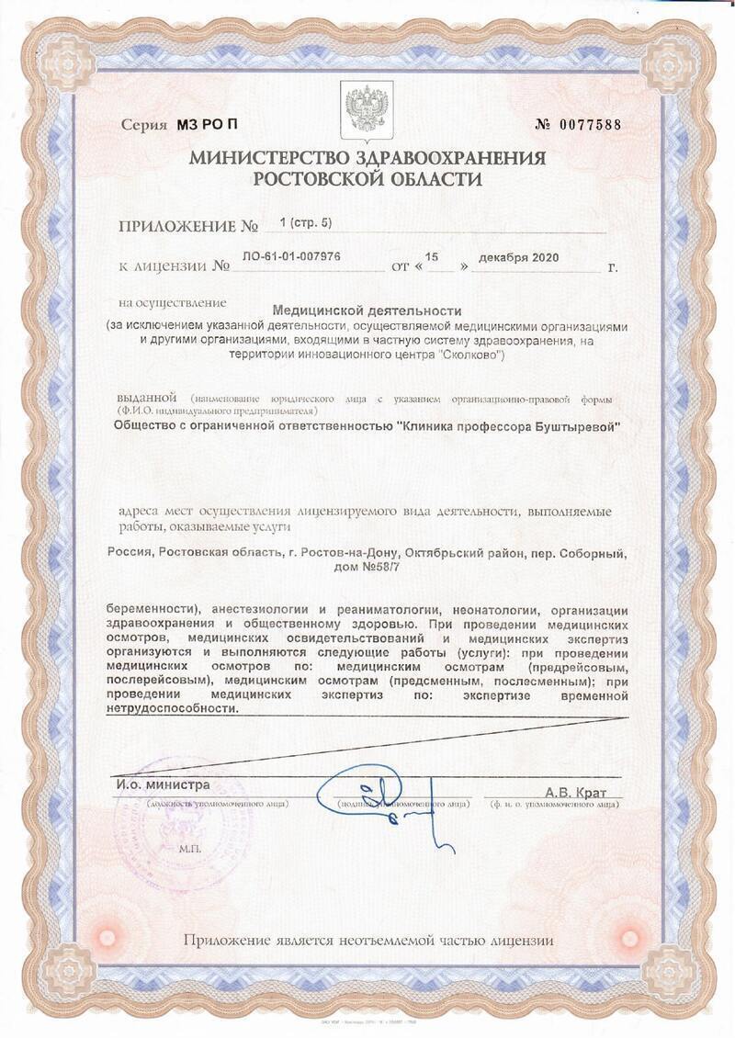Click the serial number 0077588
tap(593, 125)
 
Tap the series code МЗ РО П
tap(211, 125)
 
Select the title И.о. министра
tap(163, 785)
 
